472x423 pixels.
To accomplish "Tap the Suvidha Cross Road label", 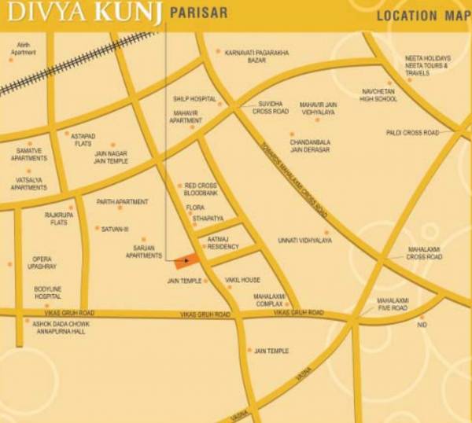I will (x=270, y=108).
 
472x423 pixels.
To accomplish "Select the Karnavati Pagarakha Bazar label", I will (x=256, y=57).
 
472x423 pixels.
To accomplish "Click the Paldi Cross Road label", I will (x=412, y=133).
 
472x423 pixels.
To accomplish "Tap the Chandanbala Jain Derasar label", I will (x=310, y=145).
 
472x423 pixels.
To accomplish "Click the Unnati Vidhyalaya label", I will (x=304, y=241).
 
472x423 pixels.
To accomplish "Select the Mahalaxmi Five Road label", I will (x=392, y=304).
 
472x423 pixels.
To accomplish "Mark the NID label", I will (x=422, y=325).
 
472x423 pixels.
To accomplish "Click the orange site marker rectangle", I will (x=186, y=261).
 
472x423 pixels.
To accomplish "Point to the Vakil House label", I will (x=242, y=280).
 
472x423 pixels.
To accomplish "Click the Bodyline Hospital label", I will (x=47, y=292).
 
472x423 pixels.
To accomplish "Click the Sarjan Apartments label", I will (x=143, y=252).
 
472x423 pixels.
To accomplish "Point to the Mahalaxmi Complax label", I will (x=268, y=300).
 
